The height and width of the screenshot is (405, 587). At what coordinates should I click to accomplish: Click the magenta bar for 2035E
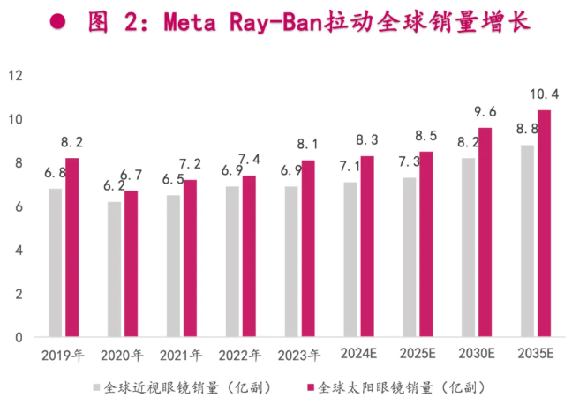pos(545,223)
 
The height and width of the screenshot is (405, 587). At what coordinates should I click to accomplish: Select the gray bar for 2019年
pos(55,262)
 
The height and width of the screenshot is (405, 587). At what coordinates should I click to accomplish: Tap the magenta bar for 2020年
pos(131,264)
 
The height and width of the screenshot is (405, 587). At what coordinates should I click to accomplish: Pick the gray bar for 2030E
pos(467,247)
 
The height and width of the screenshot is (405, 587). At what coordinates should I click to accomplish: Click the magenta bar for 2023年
pos(308,249)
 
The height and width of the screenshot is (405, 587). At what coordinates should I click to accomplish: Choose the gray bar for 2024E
pos(350,259)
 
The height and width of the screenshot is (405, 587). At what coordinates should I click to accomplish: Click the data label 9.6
pos(485,112)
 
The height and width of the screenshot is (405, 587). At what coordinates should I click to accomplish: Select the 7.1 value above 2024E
pos(348,166)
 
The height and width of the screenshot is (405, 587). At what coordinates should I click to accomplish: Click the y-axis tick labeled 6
pos(17,206)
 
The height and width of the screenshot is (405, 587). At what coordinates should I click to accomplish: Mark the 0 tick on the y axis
pos(17,337)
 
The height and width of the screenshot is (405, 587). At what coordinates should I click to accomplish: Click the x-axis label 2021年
pos(182,356)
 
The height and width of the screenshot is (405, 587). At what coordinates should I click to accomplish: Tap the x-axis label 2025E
pos(418,356)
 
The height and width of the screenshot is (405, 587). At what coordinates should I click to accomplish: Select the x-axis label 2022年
pos(241,356)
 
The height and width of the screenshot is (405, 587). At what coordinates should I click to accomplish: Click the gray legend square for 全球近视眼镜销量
pos(97,387)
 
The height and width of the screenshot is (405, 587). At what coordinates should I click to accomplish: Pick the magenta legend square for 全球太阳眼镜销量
pos(309,387)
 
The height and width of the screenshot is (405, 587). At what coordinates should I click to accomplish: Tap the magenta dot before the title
pos(58,23)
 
